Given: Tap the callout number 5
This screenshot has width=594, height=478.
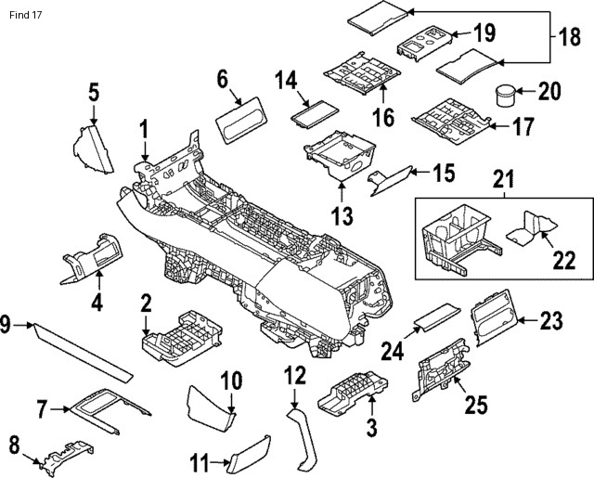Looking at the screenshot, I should (x=94, y=91).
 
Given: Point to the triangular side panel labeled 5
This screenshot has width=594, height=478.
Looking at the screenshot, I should (x=93, y=150).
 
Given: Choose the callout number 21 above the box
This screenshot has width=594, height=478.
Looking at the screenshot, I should (x=502, y=177).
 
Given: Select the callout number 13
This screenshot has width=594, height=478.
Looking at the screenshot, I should (x=342, y=216).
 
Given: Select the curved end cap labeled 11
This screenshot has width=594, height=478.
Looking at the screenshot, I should (x=248, y=457).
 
